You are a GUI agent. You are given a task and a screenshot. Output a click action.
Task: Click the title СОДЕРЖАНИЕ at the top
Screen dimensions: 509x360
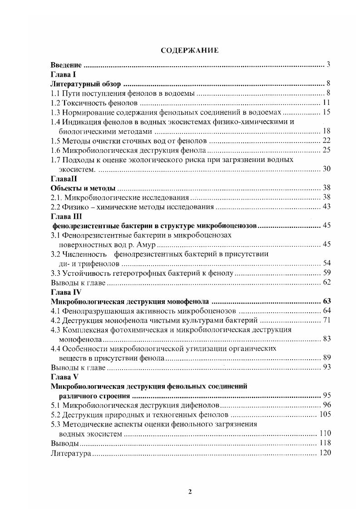pyautogui.click(x=189, y=50)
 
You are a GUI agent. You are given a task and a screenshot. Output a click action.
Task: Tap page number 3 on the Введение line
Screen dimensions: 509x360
pyautogui.click(x=328, y=65)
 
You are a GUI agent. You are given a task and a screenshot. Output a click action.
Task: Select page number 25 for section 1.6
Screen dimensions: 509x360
pyautogui.click(x=326, y=150)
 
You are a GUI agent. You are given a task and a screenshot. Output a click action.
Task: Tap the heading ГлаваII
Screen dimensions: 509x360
pyautogui.click(x=66, y=178)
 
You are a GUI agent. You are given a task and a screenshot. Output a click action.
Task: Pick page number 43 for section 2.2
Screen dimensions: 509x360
pyautogui.click(x=326, y=207)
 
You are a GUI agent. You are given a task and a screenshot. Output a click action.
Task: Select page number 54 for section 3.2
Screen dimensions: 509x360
pyautogui.click(x=326, y=264)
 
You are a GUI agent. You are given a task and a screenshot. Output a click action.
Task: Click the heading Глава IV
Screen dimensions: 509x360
pyautogui.click(x=68, y=292)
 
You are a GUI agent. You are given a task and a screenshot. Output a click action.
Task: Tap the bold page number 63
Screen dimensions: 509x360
pyautogui.click(x=326, y=301)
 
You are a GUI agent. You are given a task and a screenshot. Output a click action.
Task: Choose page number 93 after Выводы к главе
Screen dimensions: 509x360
pyautogui.click(x=326, y=367)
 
